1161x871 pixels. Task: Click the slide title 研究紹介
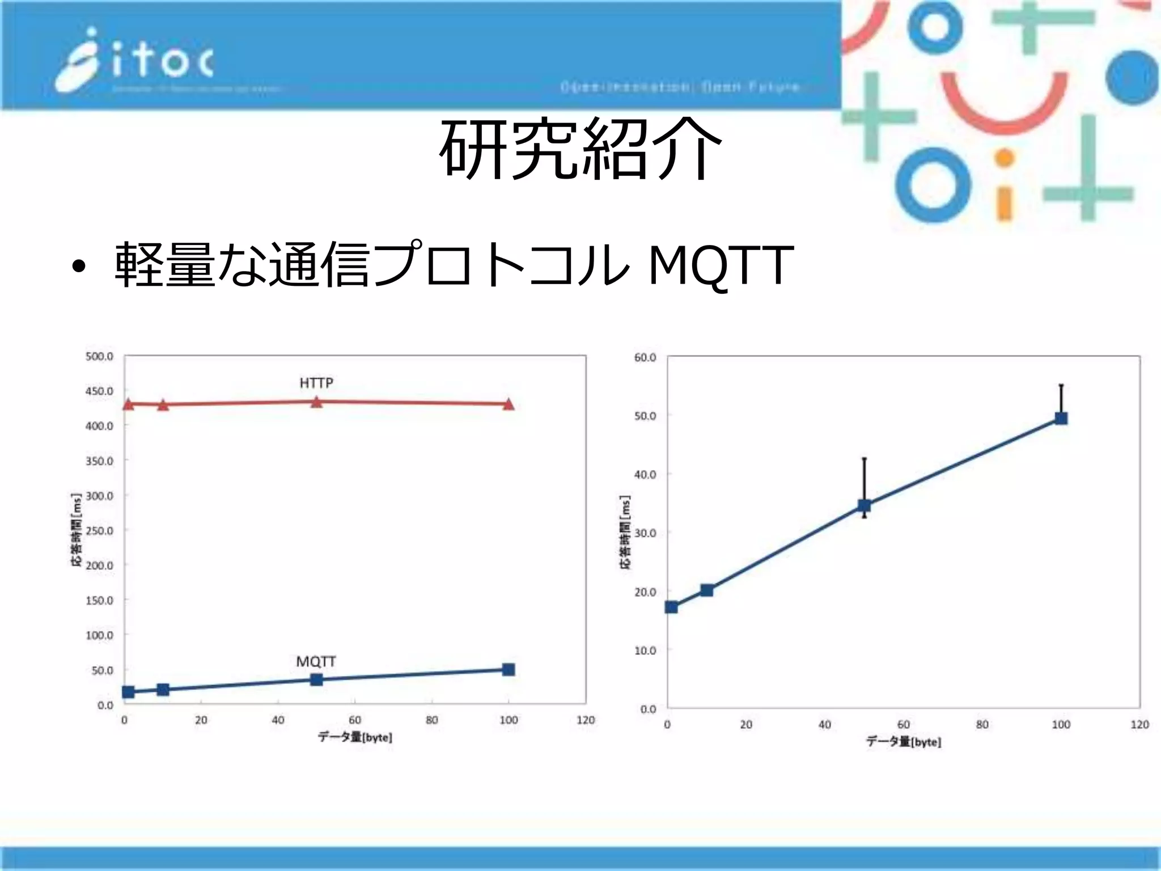pos(580,149)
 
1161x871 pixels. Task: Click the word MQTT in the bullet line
pos(720,265)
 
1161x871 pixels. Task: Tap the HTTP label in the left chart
pos(316,383)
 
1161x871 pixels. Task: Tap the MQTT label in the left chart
pos(316,662)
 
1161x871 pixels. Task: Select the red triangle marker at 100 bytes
pos(509,404)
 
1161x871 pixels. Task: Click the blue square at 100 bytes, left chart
pos(509,670)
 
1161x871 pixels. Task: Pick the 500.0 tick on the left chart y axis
pos(99,356)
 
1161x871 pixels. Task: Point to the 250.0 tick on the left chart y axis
pos(99,531)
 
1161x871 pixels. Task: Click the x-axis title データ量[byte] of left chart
pos(355,737)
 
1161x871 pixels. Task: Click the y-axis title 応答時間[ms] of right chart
pos(625,532)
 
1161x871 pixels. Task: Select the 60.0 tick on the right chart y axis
pos(645,357)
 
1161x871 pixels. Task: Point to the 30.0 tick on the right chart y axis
pos(645,533)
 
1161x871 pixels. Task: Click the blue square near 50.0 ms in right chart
pos(1061,418)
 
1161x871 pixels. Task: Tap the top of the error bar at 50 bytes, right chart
pos(865,458)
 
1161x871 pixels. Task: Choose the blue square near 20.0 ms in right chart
pos(707,590)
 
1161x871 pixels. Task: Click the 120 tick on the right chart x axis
pos(1139,725)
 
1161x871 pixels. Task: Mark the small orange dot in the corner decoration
pos(1004,158)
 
